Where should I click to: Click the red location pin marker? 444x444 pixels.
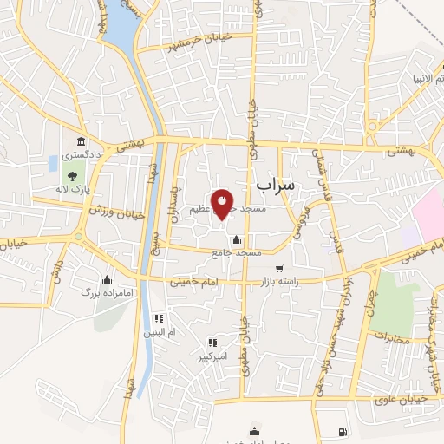click(223, 205)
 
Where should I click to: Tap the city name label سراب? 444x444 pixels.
click(277, 185)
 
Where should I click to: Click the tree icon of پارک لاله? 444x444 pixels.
click(72, 176)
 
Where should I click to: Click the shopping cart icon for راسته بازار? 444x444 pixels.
click(278, 269)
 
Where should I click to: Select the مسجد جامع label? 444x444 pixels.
click(236, 252)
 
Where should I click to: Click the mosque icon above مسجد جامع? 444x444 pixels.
click(236, 239)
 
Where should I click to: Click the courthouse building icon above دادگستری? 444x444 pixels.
click(81, 141)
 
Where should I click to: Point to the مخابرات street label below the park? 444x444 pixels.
click(393, 333)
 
